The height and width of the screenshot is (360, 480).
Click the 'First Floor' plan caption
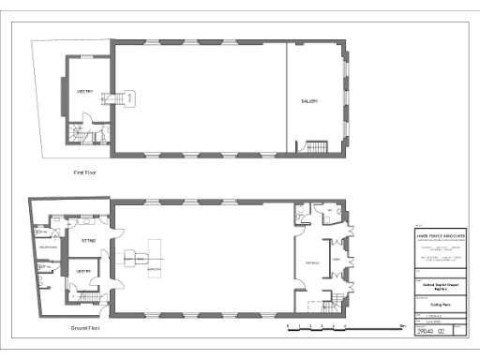[85, 172]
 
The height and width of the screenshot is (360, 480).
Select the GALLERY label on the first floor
[310, 101]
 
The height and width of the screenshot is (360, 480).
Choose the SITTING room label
[88, 242]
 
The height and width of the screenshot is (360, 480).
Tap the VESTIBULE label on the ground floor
[309, 262]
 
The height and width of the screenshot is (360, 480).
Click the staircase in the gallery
[312, 148]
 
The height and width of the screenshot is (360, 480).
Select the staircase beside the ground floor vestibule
[331, 302]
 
